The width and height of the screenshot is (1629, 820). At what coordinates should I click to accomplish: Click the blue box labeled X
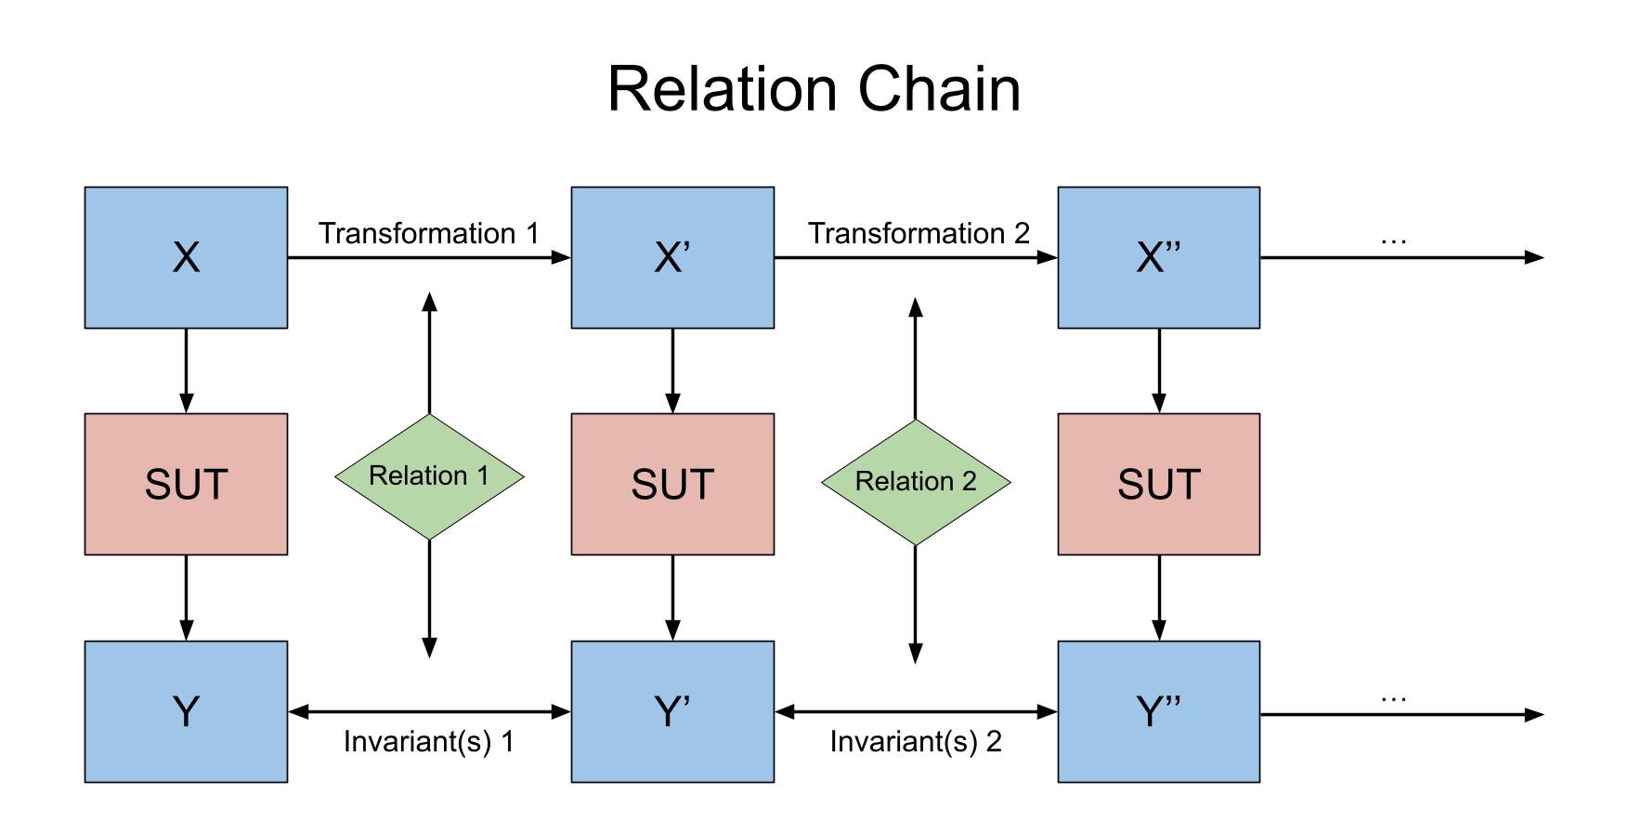point(186,257)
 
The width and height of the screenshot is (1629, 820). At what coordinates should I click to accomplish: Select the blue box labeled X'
point(672,257)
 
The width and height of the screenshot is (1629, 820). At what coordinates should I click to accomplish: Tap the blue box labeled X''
point(1159,257)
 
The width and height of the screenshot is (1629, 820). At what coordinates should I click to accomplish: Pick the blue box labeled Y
point(186,711)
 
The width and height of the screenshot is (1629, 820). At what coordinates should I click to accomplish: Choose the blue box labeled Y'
point(672,711)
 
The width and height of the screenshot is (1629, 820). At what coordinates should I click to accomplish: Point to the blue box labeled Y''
point(1159,711)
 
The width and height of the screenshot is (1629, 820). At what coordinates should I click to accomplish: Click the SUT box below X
point(186,484)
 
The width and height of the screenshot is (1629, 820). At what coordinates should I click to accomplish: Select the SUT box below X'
point(672,484)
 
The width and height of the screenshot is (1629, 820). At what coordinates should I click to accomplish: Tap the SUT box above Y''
point(1159,484)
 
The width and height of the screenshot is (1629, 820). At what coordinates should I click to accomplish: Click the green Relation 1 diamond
point(429,476)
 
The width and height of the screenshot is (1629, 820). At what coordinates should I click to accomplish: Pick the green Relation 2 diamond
point(916,482)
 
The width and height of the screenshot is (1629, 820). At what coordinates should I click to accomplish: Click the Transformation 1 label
point(429,233)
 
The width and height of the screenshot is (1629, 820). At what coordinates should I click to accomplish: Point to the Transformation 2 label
point(919,233)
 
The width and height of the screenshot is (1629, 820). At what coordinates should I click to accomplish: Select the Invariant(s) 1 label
point(428,741)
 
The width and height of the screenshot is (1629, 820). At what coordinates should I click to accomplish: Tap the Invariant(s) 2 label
point(916,741)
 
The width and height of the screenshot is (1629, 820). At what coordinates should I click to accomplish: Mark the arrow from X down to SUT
point(186,371)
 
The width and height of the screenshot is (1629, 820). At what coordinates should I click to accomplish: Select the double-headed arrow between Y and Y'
point(429,712)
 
